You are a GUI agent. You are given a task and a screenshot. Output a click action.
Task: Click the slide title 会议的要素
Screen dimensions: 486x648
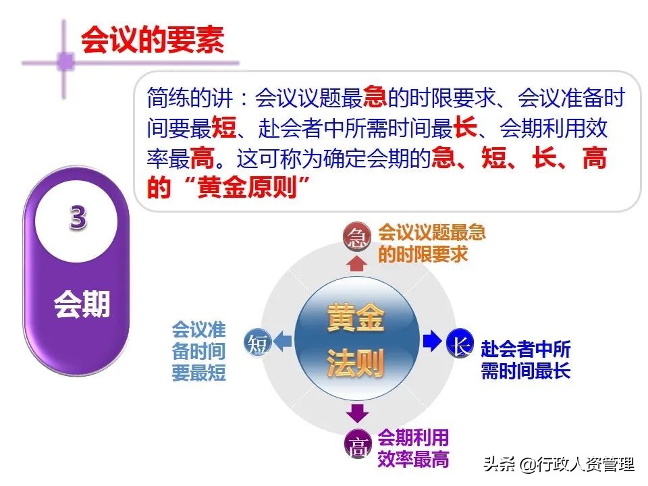click(x=152, y=40)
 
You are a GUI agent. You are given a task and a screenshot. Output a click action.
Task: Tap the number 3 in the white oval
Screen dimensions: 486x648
click(x=78, y=218)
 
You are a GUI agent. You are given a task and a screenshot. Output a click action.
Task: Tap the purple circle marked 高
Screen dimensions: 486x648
click(x=359, y=445)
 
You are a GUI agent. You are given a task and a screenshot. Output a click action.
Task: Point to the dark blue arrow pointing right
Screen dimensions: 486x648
click(x=431, y=342)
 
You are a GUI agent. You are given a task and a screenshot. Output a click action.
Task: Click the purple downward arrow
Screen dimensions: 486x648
click(x=358, y=413)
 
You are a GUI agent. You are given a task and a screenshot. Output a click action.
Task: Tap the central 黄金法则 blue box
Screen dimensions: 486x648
click(x=355, y=342)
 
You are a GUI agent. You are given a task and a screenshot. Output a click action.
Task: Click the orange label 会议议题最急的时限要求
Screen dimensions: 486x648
click(x=431, y=244)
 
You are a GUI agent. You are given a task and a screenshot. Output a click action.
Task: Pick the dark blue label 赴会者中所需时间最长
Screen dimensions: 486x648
click(x=526, y=360)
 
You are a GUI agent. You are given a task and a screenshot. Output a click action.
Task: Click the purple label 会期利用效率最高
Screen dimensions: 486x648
click(x=413, y=448)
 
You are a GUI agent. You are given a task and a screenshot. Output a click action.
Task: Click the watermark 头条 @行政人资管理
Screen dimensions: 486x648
click(x=558, y=464)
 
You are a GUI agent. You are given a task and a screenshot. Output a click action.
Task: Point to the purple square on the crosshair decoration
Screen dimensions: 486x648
click(x=65, y=61)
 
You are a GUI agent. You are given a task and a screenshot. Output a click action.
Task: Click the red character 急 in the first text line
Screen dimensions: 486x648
click(x=374, y=99)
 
